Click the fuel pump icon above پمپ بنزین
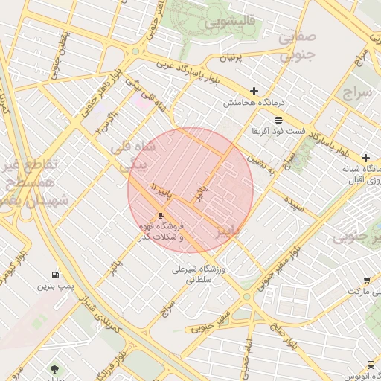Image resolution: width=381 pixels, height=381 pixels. [x=56, y=274]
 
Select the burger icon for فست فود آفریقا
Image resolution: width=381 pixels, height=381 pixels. [x=278, y=120]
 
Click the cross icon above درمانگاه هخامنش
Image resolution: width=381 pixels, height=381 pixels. [x=254, y=91]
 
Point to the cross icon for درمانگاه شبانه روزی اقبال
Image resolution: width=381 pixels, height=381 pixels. [x=365, y=158]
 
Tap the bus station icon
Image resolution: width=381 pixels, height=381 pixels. [x=371, y=364]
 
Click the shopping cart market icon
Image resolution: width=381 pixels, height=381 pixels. [x=367, y=281]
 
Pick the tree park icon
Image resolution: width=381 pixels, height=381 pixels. [x=54, y=368]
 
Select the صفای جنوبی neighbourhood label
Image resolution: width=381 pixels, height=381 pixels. [x=299, y=45]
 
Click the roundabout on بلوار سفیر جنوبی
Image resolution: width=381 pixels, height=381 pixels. [x=246, y=298]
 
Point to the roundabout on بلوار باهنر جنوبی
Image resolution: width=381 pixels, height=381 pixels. [x=135, y=51]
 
